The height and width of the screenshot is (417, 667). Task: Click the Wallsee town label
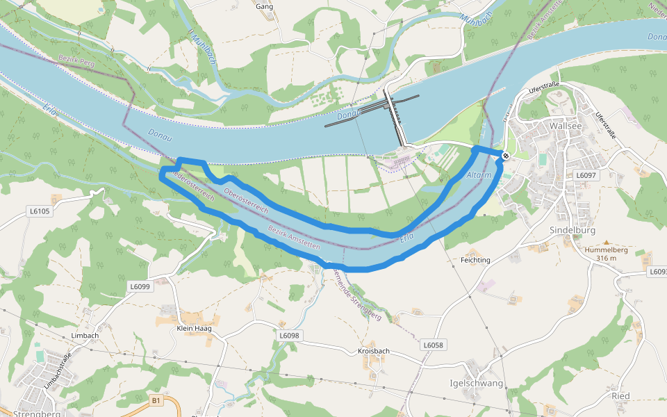coord(564,126)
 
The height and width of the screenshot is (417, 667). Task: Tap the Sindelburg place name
coord(569,230)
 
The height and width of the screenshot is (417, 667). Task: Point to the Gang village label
coord(264,7)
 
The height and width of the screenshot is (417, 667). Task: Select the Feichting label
coord(475,260)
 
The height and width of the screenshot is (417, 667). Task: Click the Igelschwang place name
coord(477,383)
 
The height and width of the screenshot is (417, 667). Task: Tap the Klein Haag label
coord(194,328)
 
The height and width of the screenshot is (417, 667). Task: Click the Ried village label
coord(620,396)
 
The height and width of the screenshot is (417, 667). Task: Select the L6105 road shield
coord(40,210)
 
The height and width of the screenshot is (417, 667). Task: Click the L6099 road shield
coord(140,286)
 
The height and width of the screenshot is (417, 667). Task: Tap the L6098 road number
coord(289,336)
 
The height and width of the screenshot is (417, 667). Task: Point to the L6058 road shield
coord(433,345)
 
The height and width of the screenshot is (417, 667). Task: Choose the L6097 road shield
coord(586,175)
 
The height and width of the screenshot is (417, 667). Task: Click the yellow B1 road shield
coord(156,400)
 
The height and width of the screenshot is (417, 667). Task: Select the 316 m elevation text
coord(607,258)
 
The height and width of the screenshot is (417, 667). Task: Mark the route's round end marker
coord(505,156)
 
